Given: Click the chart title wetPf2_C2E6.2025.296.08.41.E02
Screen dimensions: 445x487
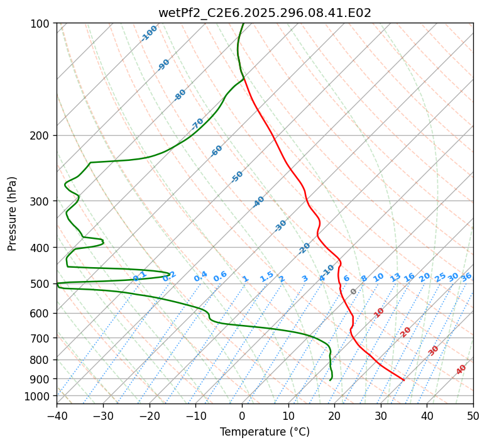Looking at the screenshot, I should tap(265, 13).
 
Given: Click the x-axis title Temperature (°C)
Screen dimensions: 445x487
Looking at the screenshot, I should tap(265, 432).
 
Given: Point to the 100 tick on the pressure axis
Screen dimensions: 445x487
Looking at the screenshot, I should tap(41, 24).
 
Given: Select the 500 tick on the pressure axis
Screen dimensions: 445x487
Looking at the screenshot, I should tap(41, 284).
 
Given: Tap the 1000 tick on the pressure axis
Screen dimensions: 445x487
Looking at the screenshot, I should tap(38, 396).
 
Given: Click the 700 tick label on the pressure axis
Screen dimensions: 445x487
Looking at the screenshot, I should tap(41, 338).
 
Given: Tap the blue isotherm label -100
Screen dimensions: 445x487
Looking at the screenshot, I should tap(150, 33).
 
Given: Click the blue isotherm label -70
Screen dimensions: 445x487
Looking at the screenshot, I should tap(198, 123).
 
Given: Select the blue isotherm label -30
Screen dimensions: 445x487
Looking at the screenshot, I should tap(281, 225).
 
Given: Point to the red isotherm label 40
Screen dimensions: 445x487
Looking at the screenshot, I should tap(461, 370).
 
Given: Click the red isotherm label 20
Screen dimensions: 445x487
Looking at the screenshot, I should tap(406, 331).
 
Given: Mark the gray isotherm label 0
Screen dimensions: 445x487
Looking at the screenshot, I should tap(354, 292).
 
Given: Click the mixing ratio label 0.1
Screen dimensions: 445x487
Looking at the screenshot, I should tap(140, 276).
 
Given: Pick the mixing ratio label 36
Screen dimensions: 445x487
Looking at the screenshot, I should tap(466, 277).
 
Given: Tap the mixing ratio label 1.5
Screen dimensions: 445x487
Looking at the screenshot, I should tap(266, 276).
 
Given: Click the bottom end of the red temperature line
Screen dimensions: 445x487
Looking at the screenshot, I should tap(404, 380).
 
